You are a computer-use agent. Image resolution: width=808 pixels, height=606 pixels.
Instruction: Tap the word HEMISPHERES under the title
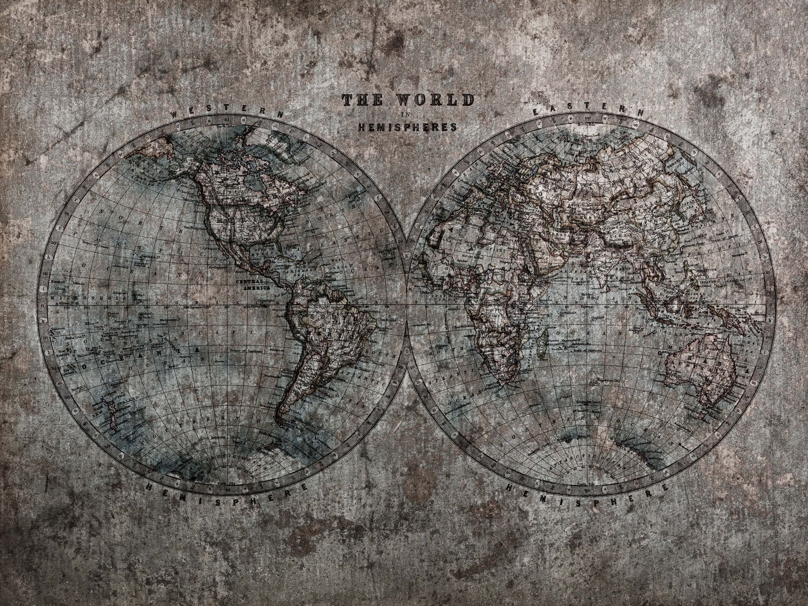pos(407,127)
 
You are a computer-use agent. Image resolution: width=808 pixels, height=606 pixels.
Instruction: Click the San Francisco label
pos(185,191)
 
